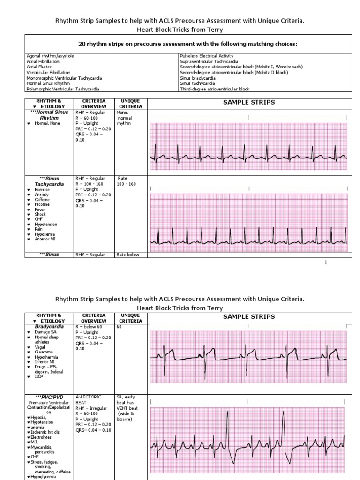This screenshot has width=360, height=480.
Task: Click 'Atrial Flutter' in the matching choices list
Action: (x=38, y=67)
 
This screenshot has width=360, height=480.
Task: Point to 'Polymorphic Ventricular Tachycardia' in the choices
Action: (x=63, y=89)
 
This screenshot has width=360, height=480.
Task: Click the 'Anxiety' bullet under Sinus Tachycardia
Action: (x=42, y=195)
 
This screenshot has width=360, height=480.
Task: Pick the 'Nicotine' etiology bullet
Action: (x=42, y=204)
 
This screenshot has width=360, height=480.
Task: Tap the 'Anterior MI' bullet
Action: (x=45, y=239)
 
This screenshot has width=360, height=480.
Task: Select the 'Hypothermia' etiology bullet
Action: (x=46, y=356)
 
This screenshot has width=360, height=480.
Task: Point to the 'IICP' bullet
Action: (x=39, y=376)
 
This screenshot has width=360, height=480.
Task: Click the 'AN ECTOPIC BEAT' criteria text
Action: (x=88, y=400)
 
